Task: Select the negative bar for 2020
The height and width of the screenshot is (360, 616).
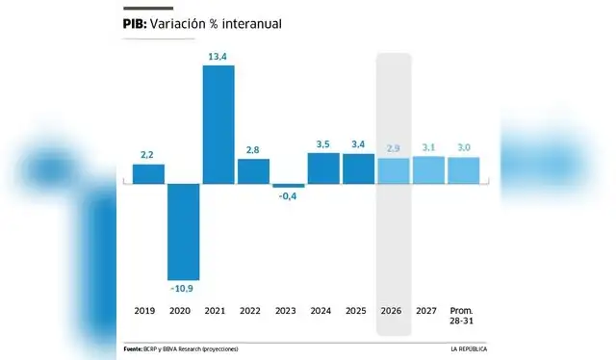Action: click(184, 231)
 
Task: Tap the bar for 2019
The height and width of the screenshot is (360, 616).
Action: click(148, 173)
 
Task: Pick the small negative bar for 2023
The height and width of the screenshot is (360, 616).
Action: click(288, 185)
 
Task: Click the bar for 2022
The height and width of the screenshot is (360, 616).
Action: click(253, 170)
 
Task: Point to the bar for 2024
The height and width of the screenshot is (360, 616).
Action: click(323, 167)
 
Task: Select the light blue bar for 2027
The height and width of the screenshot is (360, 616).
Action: click(428, 169)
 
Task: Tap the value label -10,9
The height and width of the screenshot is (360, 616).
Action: click(184, 289)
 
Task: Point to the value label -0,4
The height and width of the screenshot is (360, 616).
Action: click(288, 196)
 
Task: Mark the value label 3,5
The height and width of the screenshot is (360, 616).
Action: click(323, 143)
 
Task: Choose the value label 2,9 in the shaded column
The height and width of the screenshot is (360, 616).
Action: click(393, 148)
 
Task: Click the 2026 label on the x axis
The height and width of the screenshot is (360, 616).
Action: click(393, 312)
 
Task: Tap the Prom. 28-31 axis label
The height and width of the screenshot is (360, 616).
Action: click(463, 316)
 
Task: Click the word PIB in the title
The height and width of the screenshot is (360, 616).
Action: click(135, 24)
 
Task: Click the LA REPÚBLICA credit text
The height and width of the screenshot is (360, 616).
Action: click(471, 347)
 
